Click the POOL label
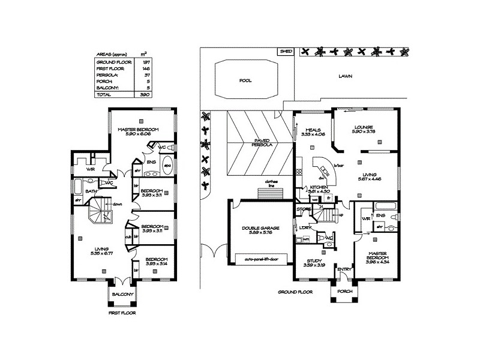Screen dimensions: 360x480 click(245, 79)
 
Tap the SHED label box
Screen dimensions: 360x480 click(286, 52)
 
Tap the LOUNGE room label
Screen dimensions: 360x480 click(364, 127)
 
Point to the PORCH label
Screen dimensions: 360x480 click(345, 292)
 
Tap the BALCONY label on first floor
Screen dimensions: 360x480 click(122, 294)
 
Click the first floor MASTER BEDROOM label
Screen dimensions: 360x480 click(138, 130)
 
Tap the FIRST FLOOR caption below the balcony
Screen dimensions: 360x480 click(122, 313)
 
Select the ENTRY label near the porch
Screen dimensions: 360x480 click(344, 269)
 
